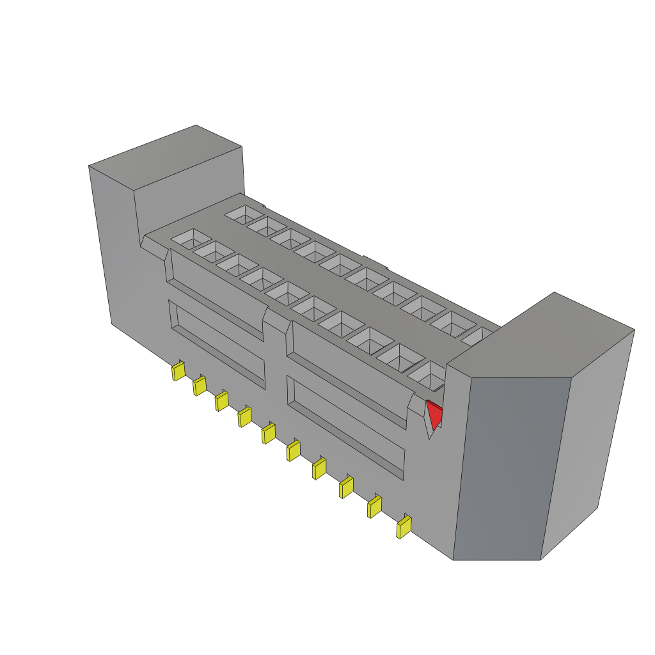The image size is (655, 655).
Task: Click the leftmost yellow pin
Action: pos(178,371)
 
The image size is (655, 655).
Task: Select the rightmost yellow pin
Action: pos(404,527)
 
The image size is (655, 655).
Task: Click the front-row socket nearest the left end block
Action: pos(190,239)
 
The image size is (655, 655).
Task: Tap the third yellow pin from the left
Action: pos(221,401)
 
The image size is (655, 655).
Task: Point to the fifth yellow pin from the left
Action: pos(268,434)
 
